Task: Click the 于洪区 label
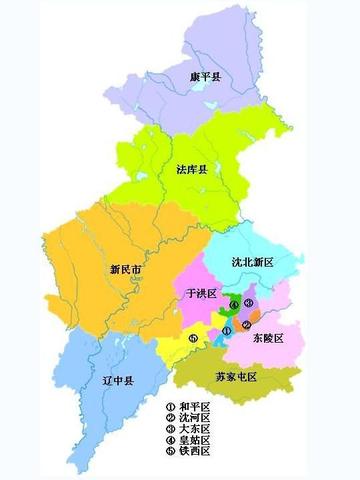pyautogui.click(x=202, y=294)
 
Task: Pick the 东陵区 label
pyautogui.click(x=267, y=338)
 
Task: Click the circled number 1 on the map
pyautogui.click(x=227, y=329)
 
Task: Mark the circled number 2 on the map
pyautogui.click(x=246, y=325)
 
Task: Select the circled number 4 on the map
pyautogui.click(x=232, y=304)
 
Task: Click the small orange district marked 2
pyautogui.click(x=255, y=317)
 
